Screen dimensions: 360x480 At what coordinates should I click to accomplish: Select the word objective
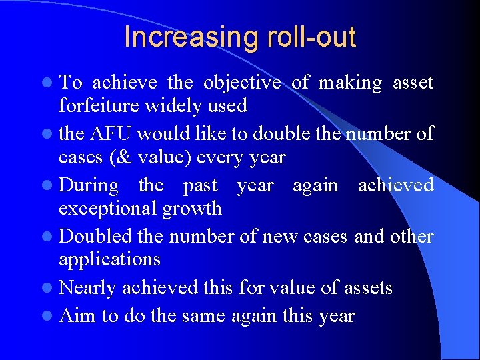point(241,83)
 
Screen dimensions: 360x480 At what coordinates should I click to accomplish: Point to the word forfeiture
point(97,106)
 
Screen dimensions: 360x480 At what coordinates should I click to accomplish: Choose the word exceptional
point(107,209)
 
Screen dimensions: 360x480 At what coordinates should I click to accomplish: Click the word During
point(89,185)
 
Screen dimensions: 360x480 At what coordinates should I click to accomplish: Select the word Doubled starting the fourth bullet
point(93,237)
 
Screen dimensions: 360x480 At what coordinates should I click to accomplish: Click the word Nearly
point(87,288)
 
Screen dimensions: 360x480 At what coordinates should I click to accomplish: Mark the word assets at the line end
point(365,288)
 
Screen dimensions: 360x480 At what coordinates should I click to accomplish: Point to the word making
point(350,83)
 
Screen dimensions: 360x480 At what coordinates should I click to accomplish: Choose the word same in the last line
point(206,316)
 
